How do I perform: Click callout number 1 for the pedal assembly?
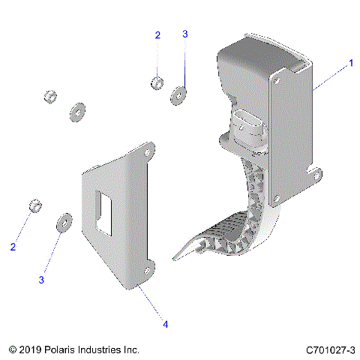coord(350,64)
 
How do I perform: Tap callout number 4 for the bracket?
coord(166,324)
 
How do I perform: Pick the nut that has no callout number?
coord(49,97)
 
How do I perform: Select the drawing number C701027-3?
coord(331,350)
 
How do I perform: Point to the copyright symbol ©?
coord(12,350)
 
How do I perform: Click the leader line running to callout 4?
coord(153,304)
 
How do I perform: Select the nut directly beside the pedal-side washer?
coord(157,82)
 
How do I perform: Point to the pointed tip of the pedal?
coord(175,258)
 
